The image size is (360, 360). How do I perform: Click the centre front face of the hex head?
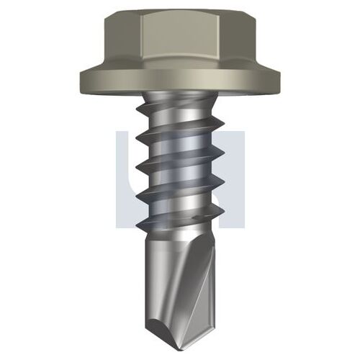pyautogui.click(x=181, y=38)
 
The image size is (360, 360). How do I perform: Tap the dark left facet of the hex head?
pyautogui.click(x=123, y=41)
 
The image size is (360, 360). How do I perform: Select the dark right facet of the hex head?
pyautogui.click(x=238, y=41)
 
